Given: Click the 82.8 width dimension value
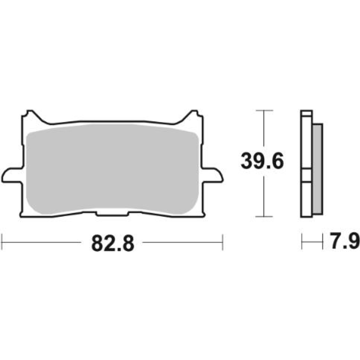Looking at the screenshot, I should tap(113, 243).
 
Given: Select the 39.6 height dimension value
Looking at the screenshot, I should tap(262, 161).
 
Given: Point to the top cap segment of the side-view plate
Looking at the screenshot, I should tap(306, 113).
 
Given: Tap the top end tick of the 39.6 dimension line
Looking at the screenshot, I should tap(264, 111).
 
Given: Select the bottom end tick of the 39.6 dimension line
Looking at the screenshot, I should tap(264, 217).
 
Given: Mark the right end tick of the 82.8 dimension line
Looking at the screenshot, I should tap(223, 243).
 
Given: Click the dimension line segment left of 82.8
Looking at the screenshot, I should tap(41, 243).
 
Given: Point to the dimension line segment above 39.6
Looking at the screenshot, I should tap(264, 129).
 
